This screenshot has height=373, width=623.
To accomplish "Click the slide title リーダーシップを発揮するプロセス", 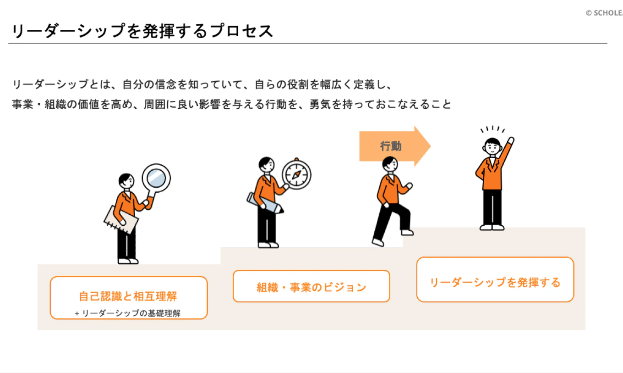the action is (x=142, y=31).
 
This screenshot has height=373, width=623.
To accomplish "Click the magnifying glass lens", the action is (x=156, y=178).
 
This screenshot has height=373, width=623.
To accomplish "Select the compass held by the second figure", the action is (x=296, y=174).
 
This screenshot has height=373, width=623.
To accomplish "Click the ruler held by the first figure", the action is (x=121, y=220).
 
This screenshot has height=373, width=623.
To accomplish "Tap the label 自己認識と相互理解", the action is (x=128, y=296).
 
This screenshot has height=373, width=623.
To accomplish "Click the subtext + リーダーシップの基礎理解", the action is (x=128, y=313).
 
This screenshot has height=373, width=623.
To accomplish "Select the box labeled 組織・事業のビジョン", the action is (x=311, y=286).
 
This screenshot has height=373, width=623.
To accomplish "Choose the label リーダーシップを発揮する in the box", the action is (x=495, y=283).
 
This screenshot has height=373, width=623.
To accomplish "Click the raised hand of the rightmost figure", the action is (x=511, y=140).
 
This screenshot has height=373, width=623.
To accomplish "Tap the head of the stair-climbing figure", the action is (x=390, y=164).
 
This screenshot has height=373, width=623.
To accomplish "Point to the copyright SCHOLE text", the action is (x=604, y=13).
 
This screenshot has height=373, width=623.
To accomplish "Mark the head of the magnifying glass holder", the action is (x=126, y=181).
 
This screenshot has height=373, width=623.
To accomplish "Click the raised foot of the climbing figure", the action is (x=407, y=233).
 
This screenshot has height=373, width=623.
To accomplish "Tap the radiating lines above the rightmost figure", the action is (x=492, y=129).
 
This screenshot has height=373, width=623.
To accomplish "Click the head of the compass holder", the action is (x=267, y=164).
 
